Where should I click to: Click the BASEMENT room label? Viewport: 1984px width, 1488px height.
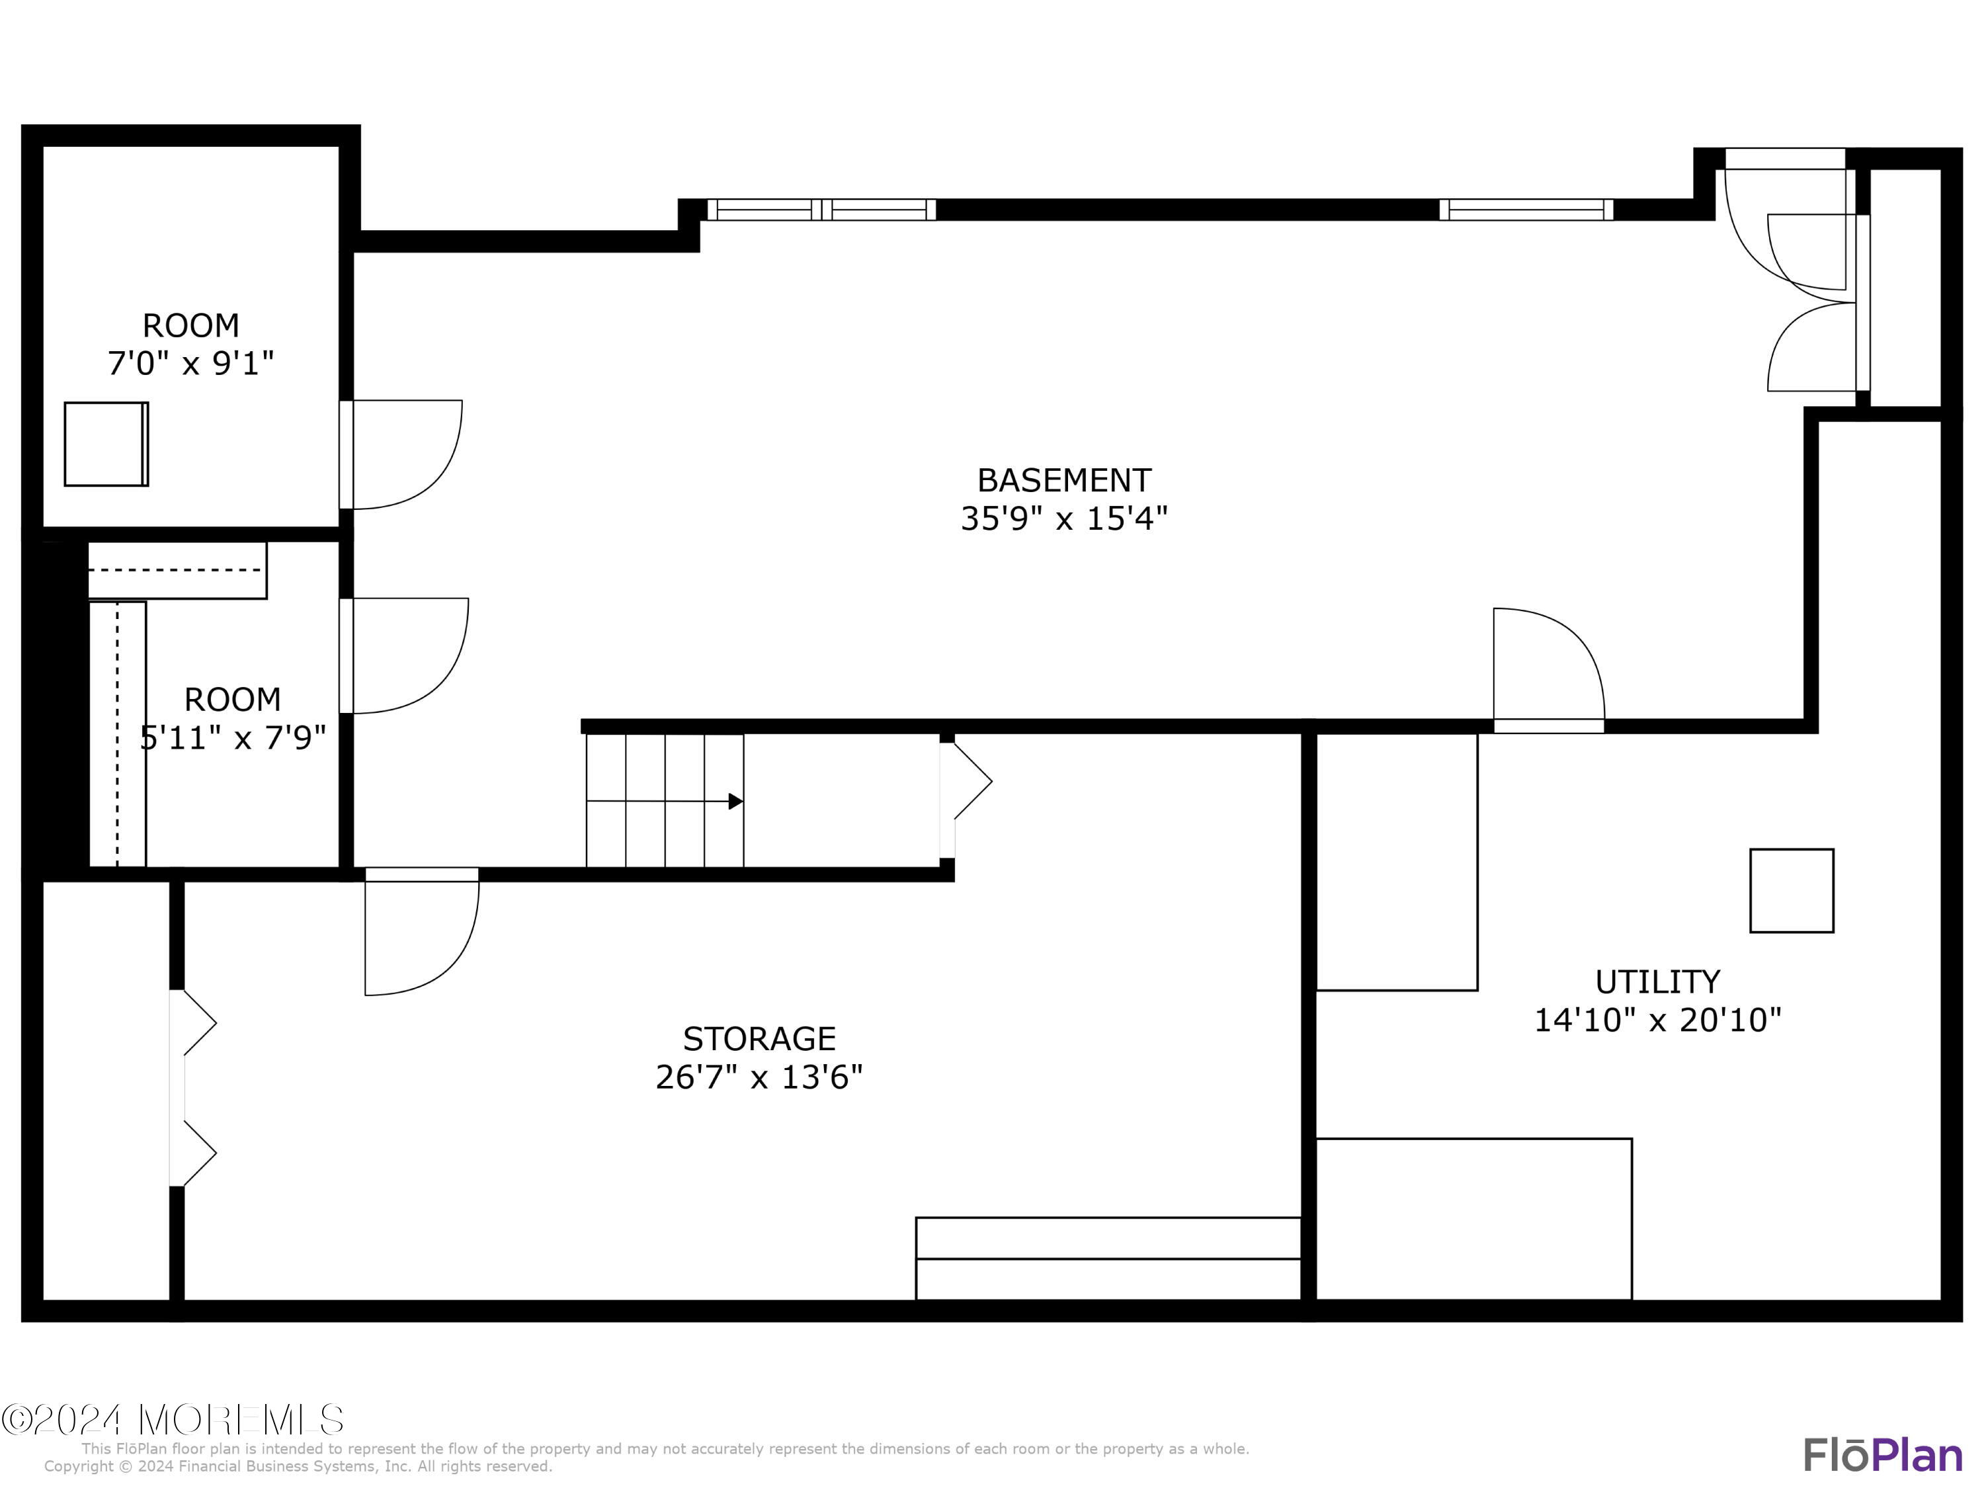(1063, 481)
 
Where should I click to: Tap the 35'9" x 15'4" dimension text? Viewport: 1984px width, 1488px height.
(1063, 519)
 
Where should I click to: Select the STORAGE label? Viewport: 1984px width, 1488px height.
(759, 1039)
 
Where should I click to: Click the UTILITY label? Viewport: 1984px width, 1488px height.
(1657, 982)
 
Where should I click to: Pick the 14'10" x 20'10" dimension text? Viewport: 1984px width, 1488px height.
(1657, 1020)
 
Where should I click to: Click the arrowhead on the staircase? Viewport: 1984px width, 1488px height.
(735, 801)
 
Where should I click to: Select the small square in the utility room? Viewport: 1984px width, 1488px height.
(1791, 891)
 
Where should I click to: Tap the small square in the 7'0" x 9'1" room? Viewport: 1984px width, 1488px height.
(106, 444)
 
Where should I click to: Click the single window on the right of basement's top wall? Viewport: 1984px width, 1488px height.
(1526, 210)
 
